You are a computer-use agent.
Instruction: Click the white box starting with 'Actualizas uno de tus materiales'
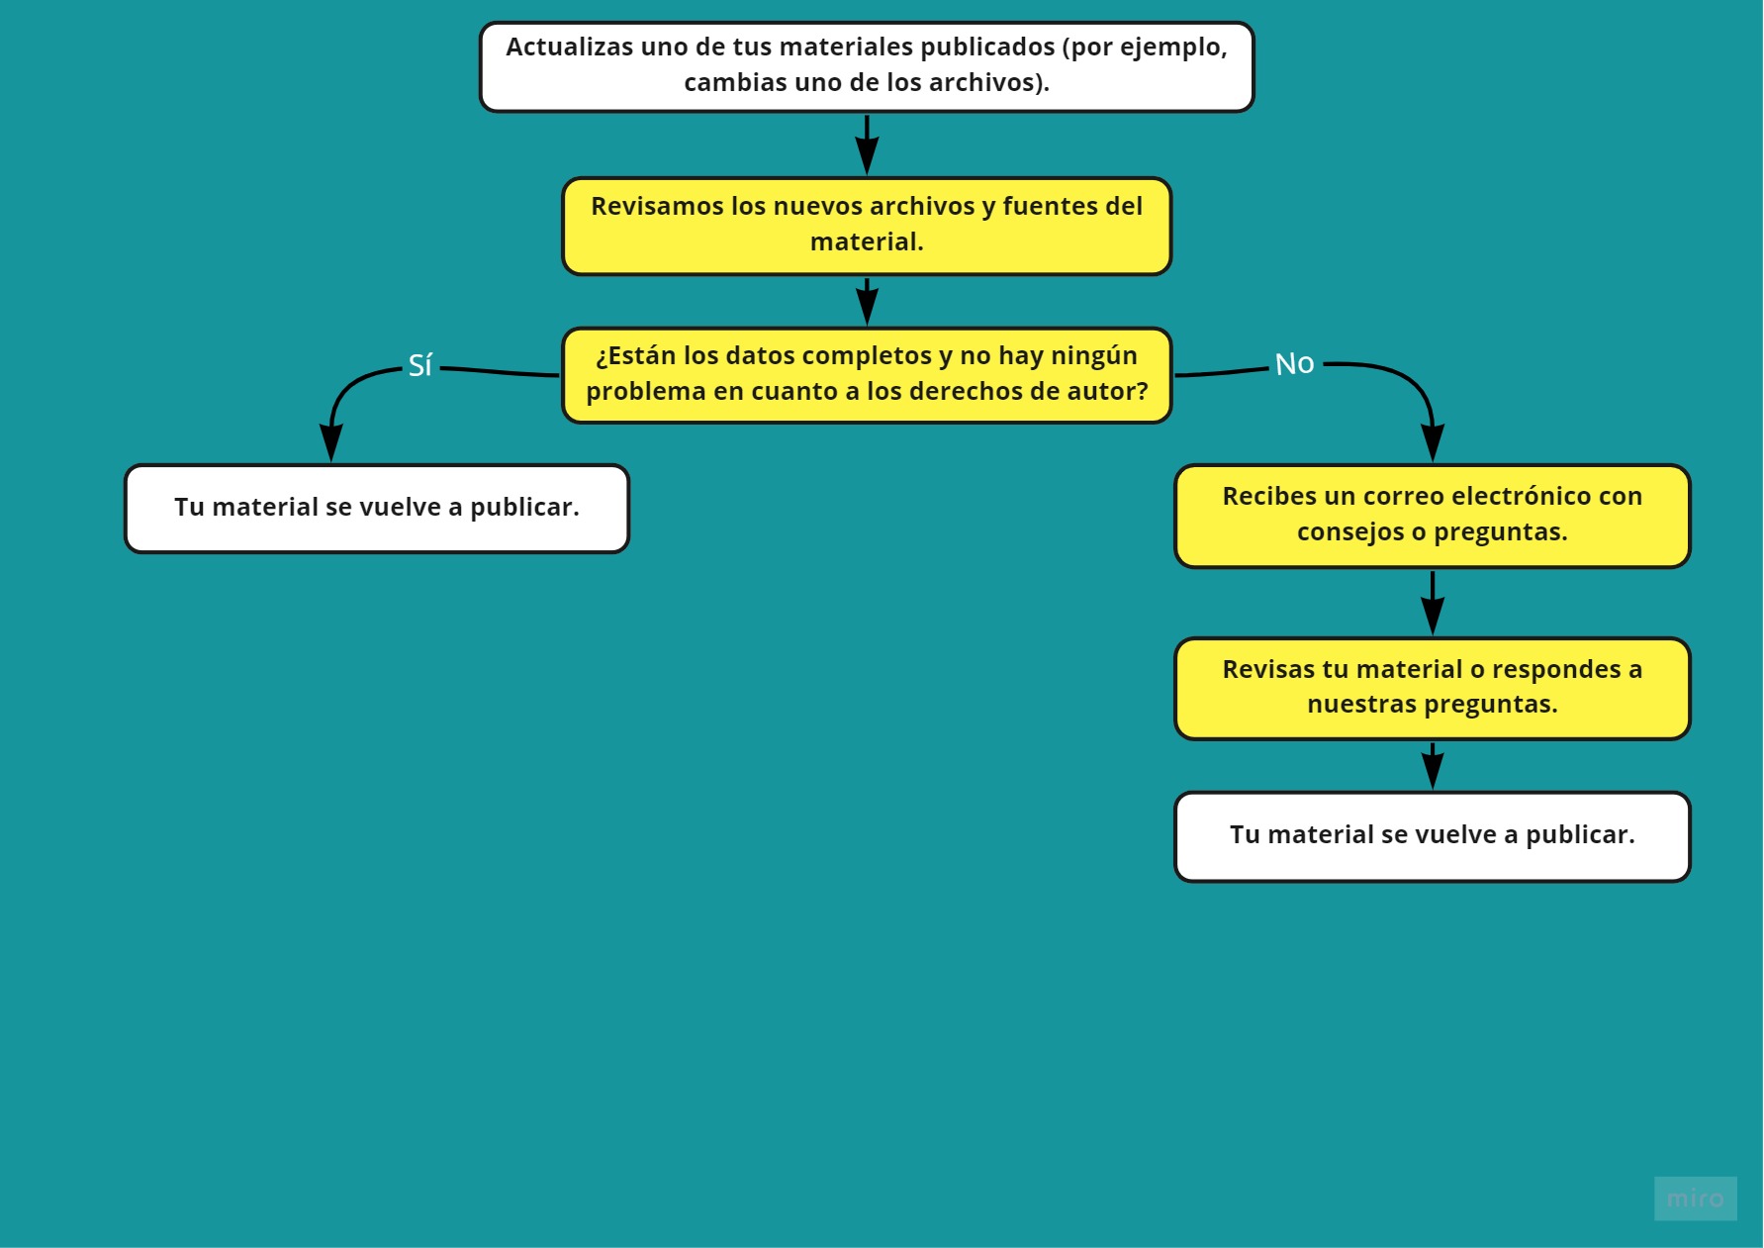(867, 66)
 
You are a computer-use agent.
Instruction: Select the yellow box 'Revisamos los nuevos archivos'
(867, 226)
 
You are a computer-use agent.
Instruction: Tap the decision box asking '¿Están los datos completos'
(867, 375)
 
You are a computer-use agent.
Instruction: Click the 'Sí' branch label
(419, 365)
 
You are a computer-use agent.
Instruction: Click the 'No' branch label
(1294, 364)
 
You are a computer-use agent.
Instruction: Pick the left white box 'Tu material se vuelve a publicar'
(376, 508)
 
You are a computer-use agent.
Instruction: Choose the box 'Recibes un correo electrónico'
(1432, 516)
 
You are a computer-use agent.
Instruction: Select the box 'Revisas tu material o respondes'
(1432, 688)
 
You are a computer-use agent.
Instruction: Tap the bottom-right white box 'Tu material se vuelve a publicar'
(1432, 835)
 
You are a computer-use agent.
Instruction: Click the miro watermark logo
(1695, 1198)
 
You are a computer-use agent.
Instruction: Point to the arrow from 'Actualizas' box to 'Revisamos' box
(867, 144)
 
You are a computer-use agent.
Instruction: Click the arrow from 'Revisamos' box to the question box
(867, 301)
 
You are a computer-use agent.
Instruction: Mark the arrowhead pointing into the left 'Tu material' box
(331, 443)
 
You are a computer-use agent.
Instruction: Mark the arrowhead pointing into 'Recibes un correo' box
(1432, 442)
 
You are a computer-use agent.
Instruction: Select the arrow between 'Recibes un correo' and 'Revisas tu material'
(1432, 603)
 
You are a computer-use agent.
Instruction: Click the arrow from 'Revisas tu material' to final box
(1432, 766)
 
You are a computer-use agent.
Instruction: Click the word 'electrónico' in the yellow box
(1516, 497)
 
